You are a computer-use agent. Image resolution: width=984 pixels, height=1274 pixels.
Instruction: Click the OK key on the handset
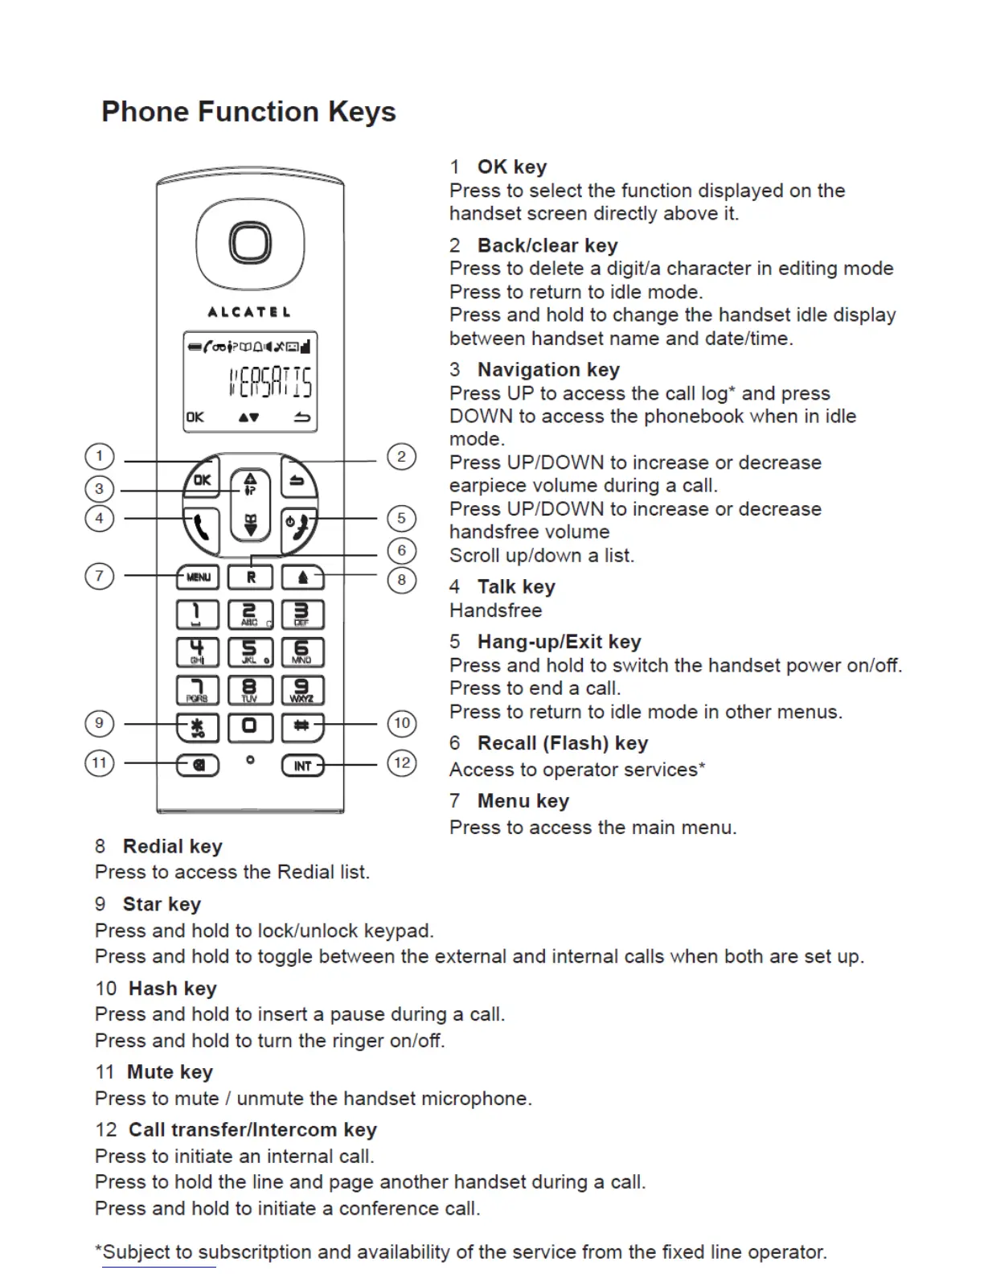tap(201, 480)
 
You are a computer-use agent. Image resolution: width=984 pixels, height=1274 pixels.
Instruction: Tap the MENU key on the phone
tap(198, 577)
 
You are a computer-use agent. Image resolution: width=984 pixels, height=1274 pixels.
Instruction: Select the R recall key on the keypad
tap(250, 577)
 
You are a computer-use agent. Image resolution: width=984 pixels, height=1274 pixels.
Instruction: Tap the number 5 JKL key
tap(249, 651)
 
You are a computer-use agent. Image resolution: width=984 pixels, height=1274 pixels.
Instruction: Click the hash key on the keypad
tap(302, 726)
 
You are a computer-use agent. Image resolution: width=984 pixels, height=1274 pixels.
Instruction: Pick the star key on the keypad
tap(198, 727)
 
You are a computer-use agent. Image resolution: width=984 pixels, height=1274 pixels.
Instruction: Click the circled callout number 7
tap(99, 576)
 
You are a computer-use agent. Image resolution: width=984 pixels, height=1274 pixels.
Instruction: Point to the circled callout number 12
tap(402, 762)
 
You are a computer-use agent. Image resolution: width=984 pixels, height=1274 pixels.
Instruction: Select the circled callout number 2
tap(402, 457)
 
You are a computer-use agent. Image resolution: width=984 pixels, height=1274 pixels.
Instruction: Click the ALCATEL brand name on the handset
tap(249, 312)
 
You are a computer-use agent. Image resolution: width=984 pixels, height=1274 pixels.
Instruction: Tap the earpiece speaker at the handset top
tap(250, 243)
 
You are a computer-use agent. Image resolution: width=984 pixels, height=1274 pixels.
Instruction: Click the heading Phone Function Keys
tap(248, 112)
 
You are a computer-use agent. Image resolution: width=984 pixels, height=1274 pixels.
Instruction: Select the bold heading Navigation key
tap(548, 370)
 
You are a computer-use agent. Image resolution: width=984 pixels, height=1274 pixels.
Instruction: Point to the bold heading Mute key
tap(170, 1072)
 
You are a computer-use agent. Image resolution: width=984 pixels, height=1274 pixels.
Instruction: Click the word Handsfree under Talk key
tap(495, 610)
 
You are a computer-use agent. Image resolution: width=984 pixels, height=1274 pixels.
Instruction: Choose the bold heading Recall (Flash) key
tap(562, 743)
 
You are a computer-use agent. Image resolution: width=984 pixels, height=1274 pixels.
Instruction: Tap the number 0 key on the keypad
tap(249, 726)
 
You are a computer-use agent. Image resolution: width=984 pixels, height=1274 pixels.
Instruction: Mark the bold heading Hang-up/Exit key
tap(559, 642)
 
